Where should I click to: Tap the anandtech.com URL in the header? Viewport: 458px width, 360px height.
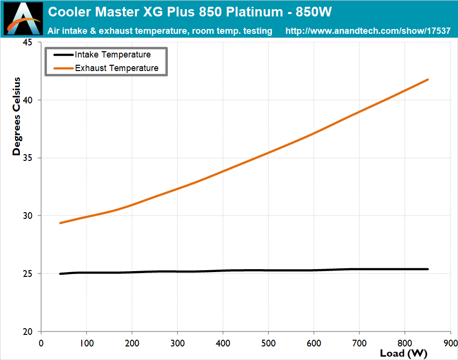pos(368,31)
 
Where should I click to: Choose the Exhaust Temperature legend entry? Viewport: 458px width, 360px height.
pos(117,68)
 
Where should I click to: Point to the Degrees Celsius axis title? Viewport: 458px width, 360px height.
pos(17,116)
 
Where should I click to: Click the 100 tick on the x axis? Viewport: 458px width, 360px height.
pos(87,343)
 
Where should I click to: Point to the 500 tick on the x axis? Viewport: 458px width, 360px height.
pos(268,343)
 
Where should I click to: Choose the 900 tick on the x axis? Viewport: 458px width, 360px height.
pos(450,343)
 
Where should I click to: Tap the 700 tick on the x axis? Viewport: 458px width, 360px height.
pos(359,343)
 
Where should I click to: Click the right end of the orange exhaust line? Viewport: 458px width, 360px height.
pos(428,80)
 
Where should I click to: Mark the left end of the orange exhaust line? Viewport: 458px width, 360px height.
pos(60,223)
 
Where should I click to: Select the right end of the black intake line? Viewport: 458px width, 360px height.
pos(428,269)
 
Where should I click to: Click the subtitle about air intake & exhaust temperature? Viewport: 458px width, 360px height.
pos(160,31)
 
